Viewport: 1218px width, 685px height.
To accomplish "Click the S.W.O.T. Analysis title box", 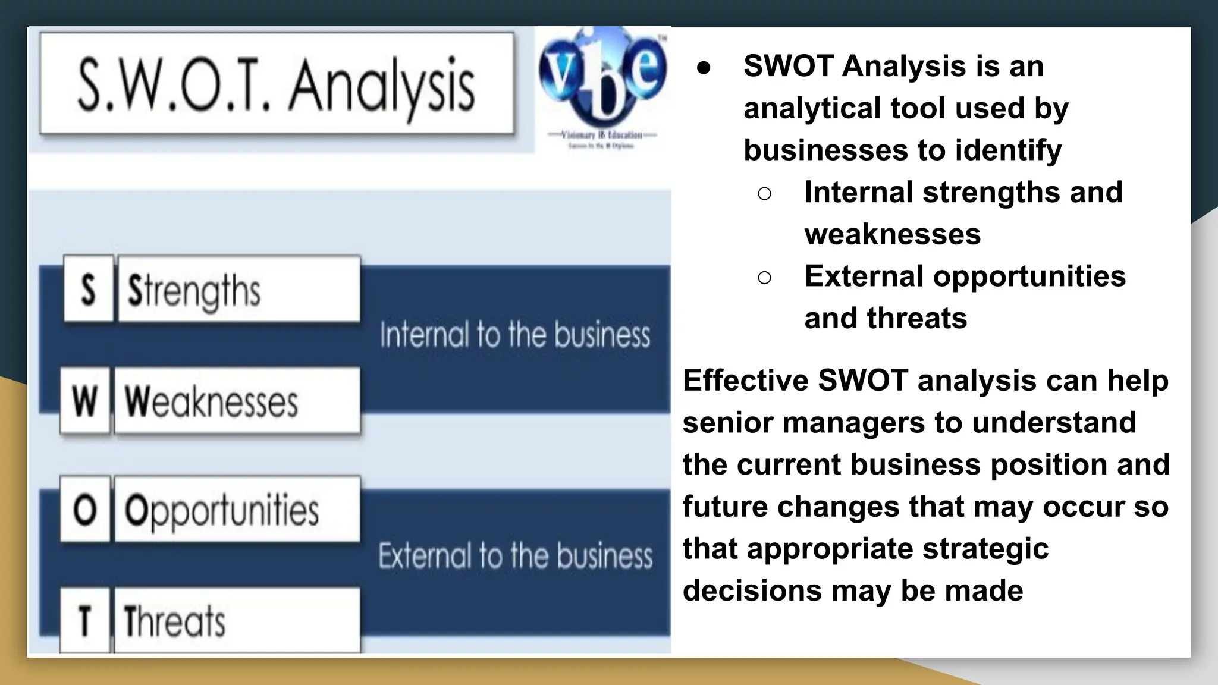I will click(277, 83).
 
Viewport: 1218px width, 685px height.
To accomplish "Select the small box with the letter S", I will click(88, 290).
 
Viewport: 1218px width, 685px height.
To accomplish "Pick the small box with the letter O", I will click(84, 510).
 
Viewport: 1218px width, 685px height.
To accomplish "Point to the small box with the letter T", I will click(84, 620).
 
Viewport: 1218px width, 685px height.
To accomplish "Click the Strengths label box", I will click(239, 290).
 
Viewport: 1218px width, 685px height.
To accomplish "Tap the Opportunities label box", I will click(237, 510).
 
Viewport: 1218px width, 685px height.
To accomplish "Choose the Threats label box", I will click(237, 620).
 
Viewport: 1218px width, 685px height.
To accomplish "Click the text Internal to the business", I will click(515, 335).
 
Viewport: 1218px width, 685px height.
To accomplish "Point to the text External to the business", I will click(515, 556).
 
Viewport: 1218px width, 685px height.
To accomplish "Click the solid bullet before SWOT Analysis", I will click(704, 67).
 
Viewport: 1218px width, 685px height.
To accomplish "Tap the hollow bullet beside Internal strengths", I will click(765, 193).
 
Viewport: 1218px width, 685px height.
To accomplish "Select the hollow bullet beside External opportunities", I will click(765, 277).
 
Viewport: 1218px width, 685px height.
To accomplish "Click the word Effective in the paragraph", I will click(745, 381).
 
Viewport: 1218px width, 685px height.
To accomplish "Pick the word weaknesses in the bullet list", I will click(892, 234).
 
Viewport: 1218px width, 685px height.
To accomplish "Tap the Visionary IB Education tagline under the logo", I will click(602, 136).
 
